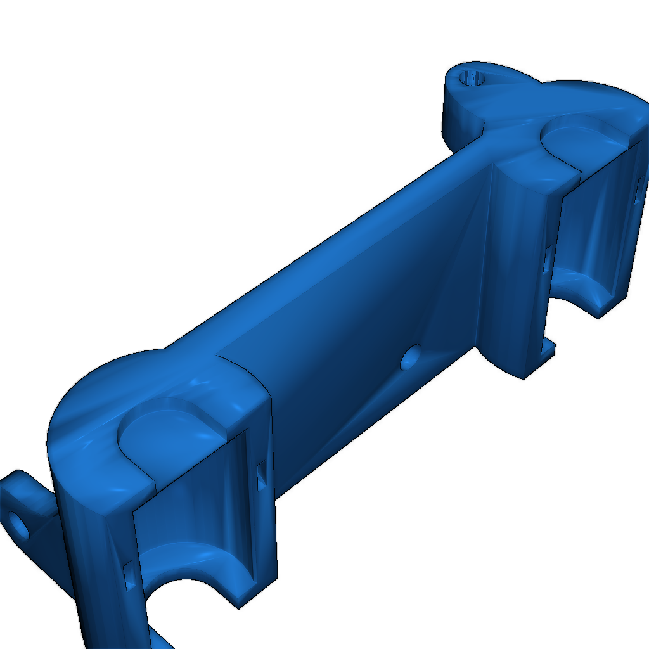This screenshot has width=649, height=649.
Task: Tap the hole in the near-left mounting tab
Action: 18,524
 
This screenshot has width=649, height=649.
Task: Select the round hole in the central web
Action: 411,358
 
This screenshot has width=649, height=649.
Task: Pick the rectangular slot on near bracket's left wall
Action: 129,575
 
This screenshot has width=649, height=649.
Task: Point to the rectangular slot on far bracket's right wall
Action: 638,190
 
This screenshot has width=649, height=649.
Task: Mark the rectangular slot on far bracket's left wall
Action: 547,260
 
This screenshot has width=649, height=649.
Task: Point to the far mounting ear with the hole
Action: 469,101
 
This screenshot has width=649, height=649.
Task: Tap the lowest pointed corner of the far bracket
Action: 524,378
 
